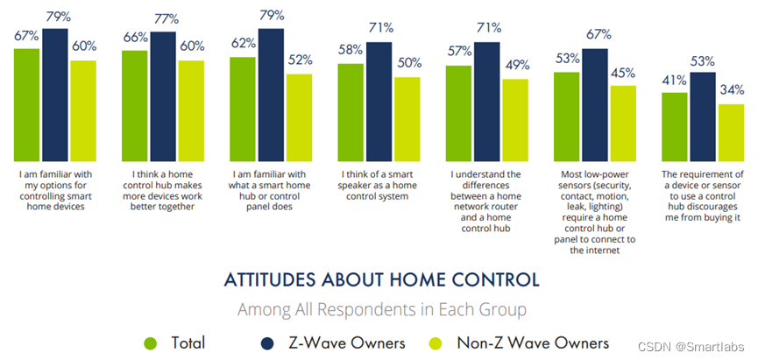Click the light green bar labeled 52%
point(298,114)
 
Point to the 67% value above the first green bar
point(26,34)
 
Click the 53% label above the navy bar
point(702,61)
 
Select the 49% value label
point(514,65)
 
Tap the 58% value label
point(351,51)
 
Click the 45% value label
point(622,73)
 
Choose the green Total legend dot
point(149,342)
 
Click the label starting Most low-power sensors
point(595,212)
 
